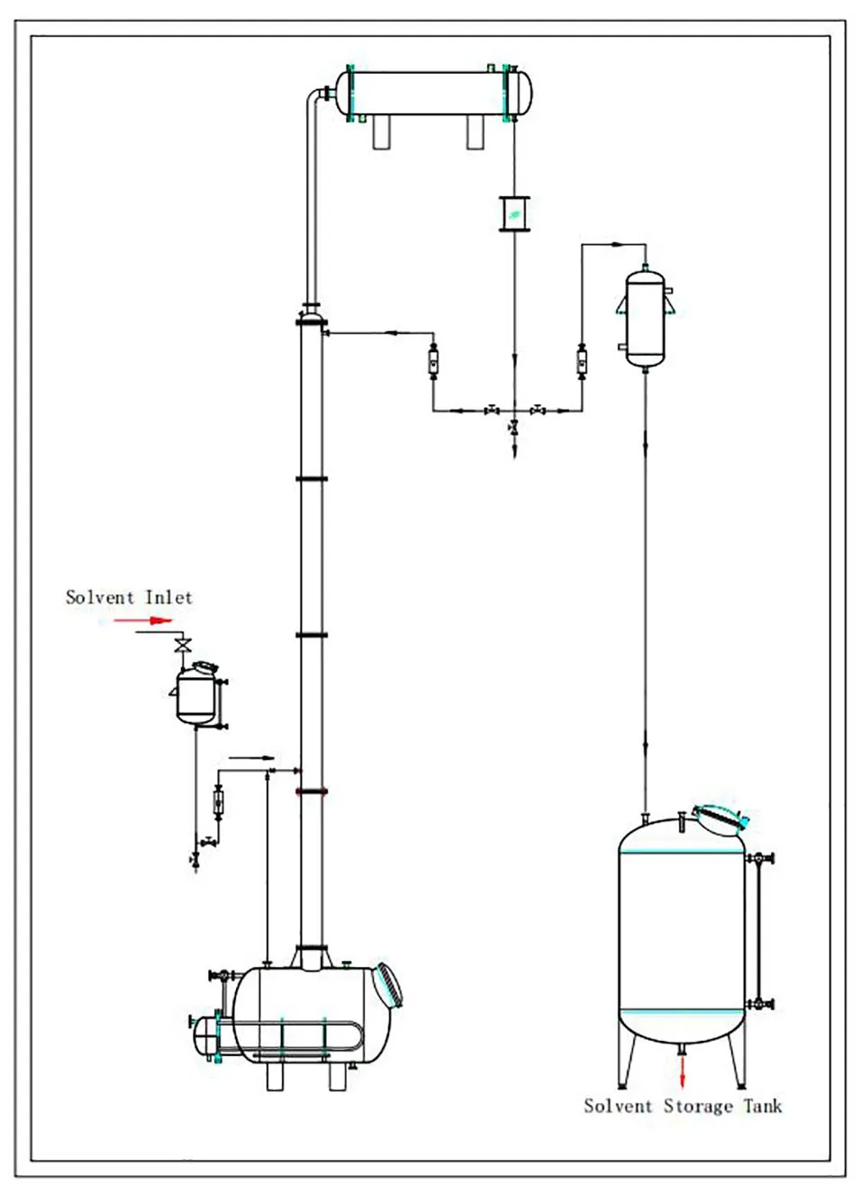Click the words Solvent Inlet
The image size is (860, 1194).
coord(129,597)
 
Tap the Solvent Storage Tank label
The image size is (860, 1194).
coord(683,1106)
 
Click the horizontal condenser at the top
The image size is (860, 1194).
coord(433,91)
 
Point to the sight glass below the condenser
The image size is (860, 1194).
coord(513,213)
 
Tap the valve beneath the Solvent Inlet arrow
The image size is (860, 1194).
coord(185,645)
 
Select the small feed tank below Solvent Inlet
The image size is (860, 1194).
coord(195,694)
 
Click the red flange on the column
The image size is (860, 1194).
coord(312,792)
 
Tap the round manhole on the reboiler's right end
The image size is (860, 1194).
coord(389,985)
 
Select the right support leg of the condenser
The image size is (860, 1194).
coord(475,133)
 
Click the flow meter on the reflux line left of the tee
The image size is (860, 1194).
coord(433,362)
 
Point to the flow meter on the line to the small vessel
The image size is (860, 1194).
coord(581,362)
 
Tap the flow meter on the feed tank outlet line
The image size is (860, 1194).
coord(217,800)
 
